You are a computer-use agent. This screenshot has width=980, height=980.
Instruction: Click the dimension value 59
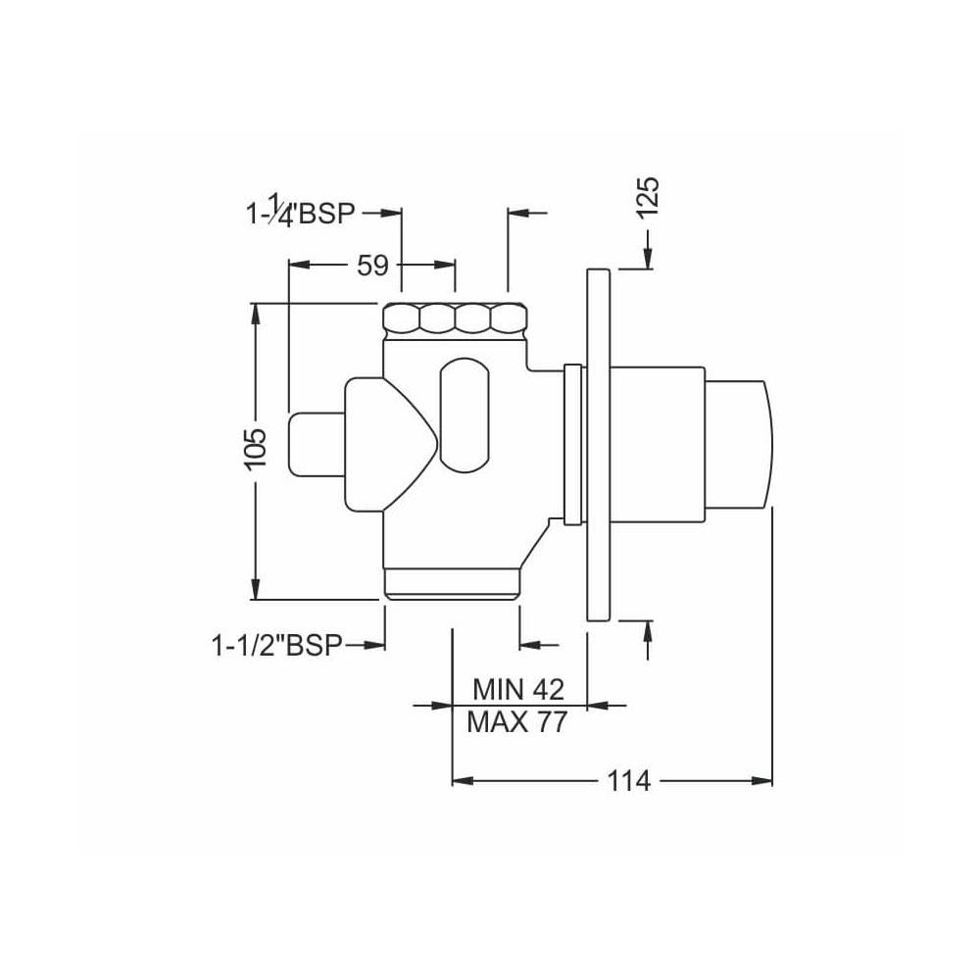372,265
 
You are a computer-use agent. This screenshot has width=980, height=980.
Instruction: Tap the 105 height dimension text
255,450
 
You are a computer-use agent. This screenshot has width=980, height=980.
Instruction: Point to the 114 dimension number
627,781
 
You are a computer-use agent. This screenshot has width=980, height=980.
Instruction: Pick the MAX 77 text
517,723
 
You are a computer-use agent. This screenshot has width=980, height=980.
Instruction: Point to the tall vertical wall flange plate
598,446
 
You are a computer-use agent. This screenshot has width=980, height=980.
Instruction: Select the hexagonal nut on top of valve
456,318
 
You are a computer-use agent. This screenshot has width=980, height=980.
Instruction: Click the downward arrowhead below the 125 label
648,257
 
